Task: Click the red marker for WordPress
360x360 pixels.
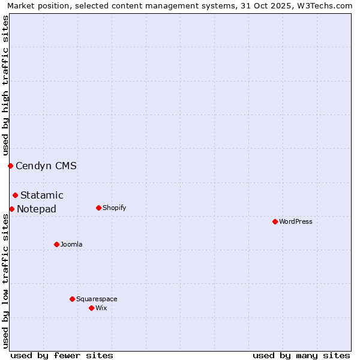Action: (x=275, y=221)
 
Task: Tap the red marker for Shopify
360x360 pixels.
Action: (x=98, y=208)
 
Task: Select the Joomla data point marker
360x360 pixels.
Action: (x=56, y=244)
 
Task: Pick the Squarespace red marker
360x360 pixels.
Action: (x=72, y=299)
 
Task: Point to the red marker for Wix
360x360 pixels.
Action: (x=91, y=308)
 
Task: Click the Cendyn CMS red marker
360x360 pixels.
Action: (x=10, y=166)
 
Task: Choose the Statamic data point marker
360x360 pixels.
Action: (x=15, y=195)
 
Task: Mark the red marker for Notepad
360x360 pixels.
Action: (x=11, y=209)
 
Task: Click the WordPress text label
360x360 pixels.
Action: (x=296, y=221)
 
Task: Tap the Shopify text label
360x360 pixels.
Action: (x=115, y=208)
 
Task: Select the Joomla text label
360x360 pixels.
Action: (x=71, y=244)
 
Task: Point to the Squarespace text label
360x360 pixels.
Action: (x=97, y=299)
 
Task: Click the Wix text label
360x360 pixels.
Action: (x=101, y=308)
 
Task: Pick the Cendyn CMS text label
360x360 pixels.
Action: (x=46, y=166)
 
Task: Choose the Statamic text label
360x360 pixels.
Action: (x=42, y=195)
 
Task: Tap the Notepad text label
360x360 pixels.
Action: (x=37, y=209)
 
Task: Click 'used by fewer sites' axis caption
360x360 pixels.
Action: (x=62, y=355)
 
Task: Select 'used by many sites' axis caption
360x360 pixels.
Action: (x=301, y=355)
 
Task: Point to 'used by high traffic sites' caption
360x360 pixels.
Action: (x=5, y=84)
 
